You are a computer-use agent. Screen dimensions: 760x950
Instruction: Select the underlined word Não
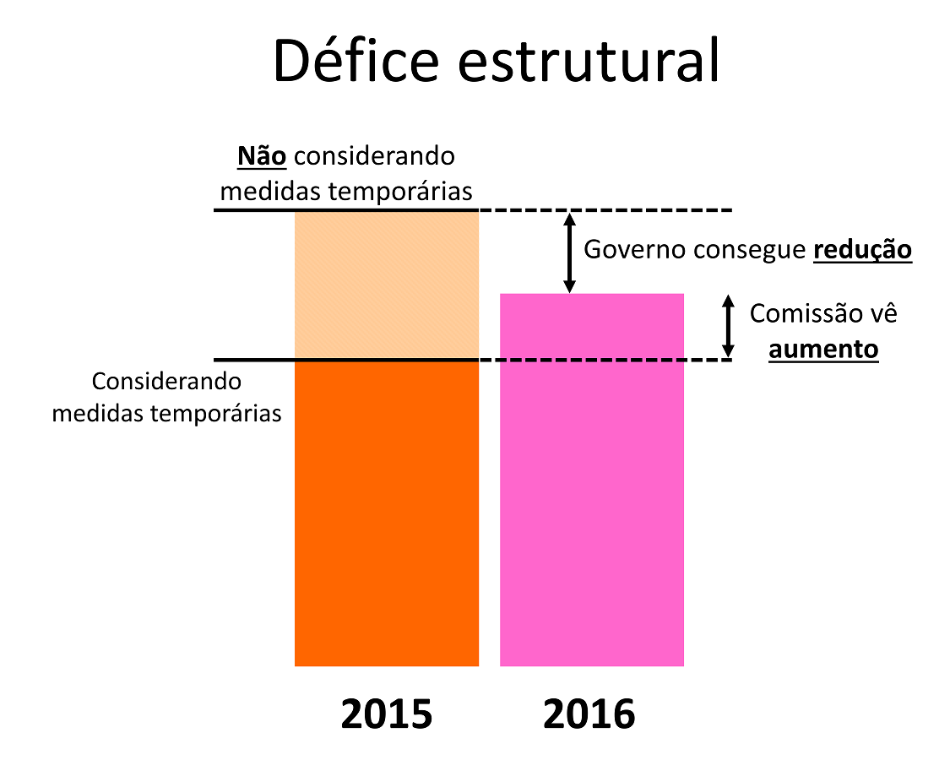(x=262, y=156)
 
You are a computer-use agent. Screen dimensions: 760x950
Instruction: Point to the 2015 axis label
(x=387, y=714)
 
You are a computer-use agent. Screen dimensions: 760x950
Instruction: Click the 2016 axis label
(x=589, y=714)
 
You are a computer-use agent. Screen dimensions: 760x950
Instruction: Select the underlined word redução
(x=862, y=251)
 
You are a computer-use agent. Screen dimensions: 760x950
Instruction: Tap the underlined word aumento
(x=823, y=349)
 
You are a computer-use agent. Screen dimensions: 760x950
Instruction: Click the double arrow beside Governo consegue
(x=569, y=252)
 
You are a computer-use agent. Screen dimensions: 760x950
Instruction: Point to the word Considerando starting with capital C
(x=167, y=382)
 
